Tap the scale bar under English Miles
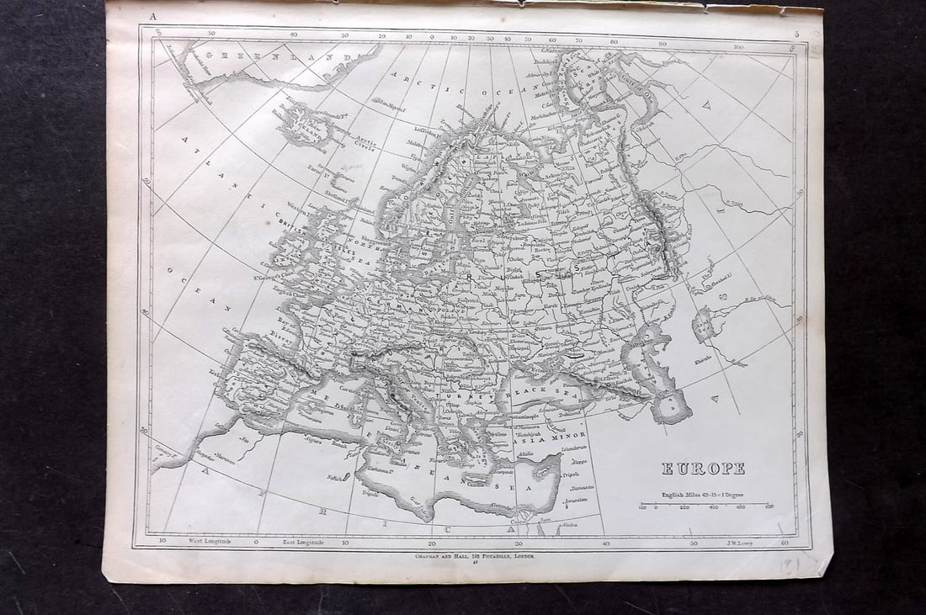(705, 506)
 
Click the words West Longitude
(209, 543)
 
